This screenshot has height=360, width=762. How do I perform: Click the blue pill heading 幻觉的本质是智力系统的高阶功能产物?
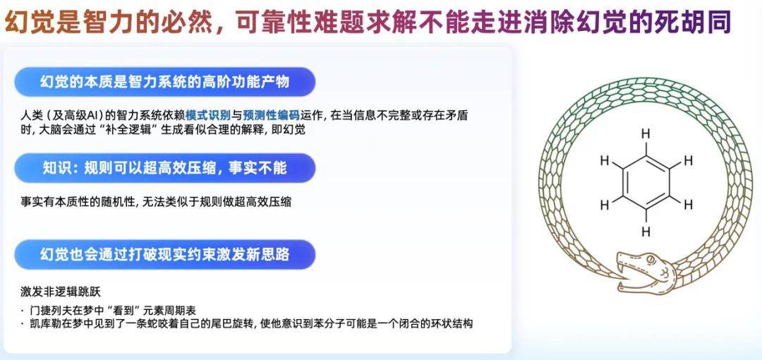coord(164,82)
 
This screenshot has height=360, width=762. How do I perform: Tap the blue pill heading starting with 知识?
coord(164,168)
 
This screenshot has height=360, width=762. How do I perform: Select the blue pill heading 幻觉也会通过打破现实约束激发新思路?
coord(164,254)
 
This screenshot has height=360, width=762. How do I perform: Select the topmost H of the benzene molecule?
coord(646,134)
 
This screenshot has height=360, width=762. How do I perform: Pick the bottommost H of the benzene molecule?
coord(646,232)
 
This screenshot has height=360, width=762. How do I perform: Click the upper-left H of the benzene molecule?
coord(605,160)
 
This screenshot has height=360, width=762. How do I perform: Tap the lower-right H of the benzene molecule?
coord(688,205)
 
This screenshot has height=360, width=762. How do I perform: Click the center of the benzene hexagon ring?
coord(646,182)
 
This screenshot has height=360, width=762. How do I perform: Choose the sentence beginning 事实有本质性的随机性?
coord(155,201)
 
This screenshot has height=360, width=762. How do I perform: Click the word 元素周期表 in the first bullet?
coord(173,310)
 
